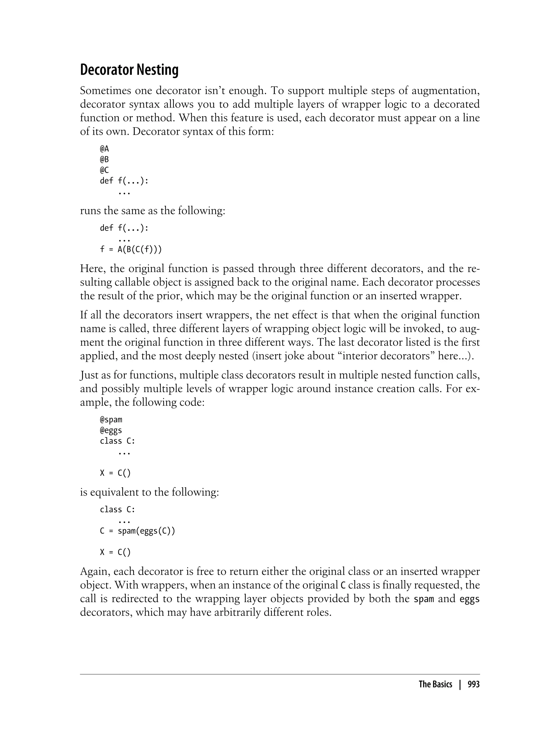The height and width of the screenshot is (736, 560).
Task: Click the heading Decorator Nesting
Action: point(129,70)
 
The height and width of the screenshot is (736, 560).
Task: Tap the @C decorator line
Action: point(104,170)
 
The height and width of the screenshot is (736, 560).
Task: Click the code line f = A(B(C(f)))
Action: point(131,250)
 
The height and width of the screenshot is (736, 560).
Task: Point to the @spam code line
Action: point(111,419)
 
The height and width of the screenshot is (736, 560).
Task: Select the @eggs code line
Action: point(111,430)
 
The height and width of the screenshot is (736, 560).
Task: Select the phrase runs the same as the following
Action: point(153,211)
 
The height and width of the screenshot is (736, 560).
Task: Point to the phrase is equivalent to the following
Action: point(149,492)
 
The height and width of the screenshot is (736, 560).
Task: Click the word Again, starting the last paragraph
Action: point(95,572)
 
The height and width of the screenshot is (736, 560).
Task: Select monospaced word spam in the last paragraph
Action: point(424,599)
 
